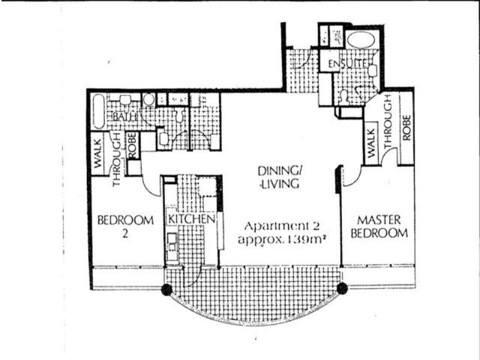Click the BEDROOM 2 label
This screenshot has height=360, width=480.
point(125,227)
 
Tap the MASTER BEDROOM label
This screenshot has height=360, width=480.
point(379,227)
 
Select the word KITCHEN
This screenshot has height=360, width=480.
point(191,219)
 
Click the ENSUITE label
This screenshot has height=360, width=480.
point(347,64)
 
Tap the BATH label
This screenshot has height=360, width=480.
point(124,117)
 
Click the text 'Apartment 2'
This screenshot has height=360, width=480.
point(282,226)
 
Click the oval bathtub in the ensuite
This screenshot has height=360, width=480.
point(361,40)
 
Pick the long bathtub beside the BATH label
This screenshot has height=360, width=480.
point(98,112)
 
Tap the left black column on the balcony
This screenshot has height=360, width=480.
point(167,289)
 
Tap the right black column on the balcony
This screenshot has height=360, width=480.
point(342,288)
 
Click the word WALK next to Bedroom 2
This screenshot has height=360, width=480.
point(98,154)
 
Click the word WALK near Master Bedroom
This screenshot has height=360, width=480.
point(371,143)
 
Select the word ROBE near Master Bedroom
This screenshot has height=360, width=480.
point(407,128)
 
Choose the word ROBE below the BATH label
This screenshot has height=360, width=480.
point(132,145)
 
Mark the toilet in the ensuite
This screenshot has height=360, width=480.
point(344,96)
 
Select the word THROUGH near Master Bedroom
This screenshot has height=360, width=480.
point(388,121)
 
